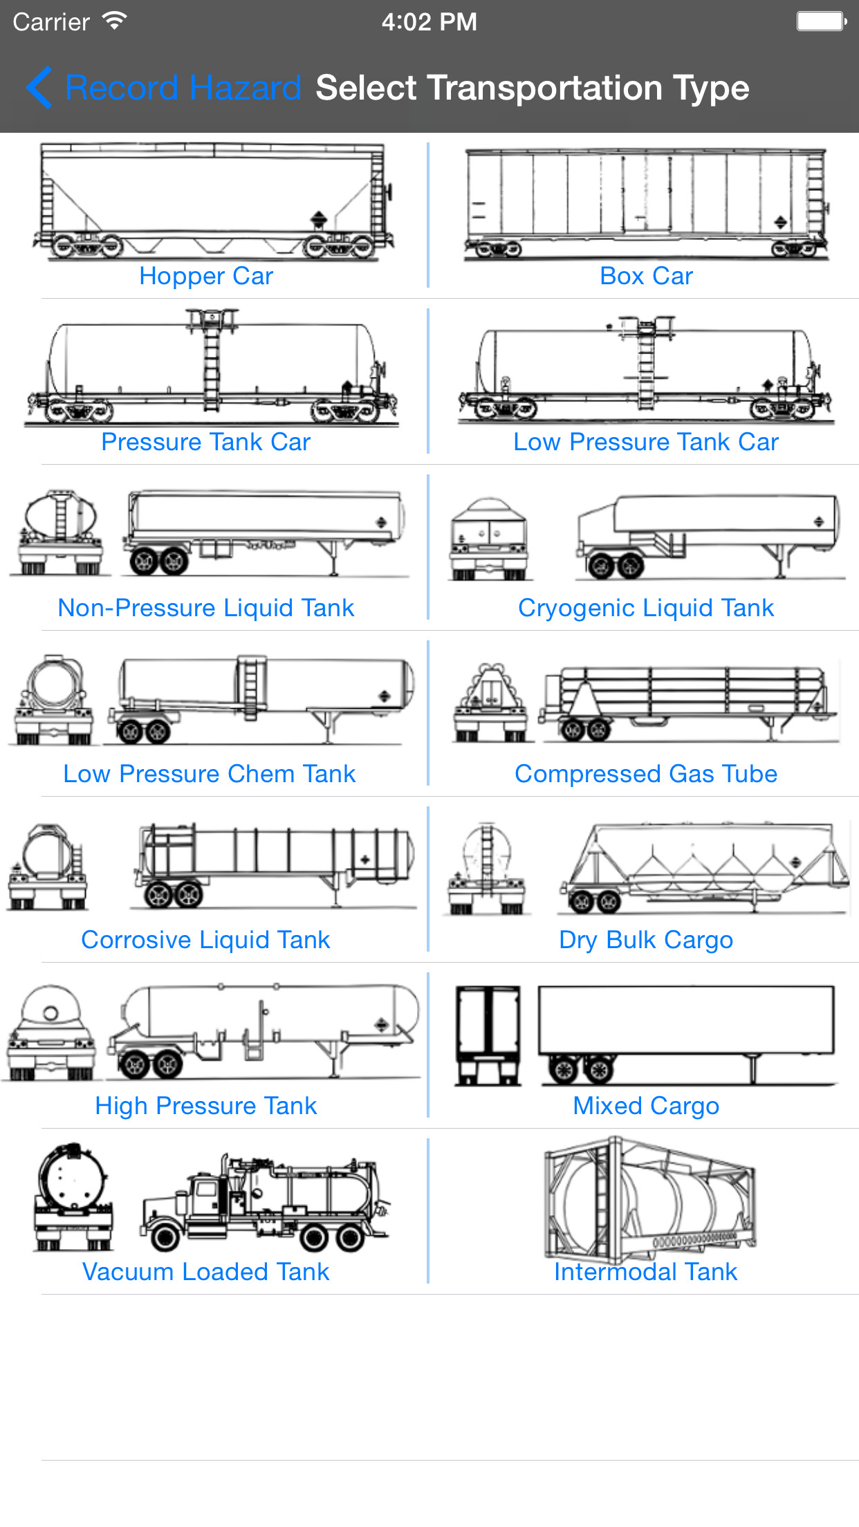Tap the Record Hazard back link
pyautogui.click(x=166, y=88)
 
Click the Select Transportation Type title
pyautogui.click(x=532, y=88)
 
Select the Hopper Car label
pyautogui.click(x=206, y=276)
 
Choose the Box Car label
pyautogui.click(x=646, y=276)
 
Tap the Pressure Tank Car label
pyautogui.click(x=206, y=442)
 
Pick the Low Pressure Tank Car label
pyautogui.click(x=646, y=442)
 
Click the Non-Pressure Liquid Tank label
pyautogui.click(x=206, y=608)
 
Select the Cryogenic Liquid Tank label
pyautogui.click(x=646, y=608)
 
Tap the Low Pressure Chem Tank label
pyautogui.click(x=209, y=774)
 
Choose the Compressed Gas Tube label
pyautogui.click(x=646, y=774)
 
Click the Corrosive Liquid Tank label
pyautogui.click(x=206, y=940)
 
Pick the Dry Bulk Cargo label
pyautogui.click(x=646, y=940)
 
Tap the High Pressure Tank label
pyautogui.click(x=206, y=1106)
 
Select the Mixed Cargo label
pyautogui.click(x=646, y=1106)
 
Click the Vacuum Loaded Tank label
pyautogui.click(x=206, y=1272)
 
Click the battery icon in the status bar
pyautogui.click(x=821, y=21)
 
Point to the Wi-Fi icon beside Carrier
pyautogui.click(x=115, y=21)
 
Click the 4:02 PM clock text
pyautogui.click(x=429, y=22)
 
